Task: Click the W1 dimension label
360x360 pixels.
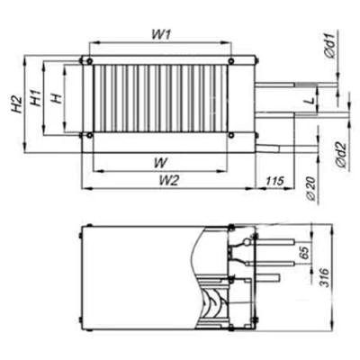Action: [x=160, y=35]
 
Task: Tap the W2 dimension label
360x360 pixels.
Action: [x=164, y=181]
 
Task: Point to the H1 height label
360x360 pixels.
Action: [x=36, y=99]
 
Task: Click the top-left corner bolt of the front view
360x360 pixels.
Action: [x=87, y=61]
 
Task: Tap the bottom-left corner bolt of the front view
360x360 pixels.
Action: [x=87, y=136]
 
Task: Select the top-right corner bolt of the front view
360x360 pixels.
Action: [x=234, y=61]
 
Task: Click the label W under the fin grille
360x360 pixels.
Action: [x=158, y=163]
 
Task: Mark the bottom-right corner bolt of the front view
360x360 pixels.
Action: [x=234, y=136]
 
